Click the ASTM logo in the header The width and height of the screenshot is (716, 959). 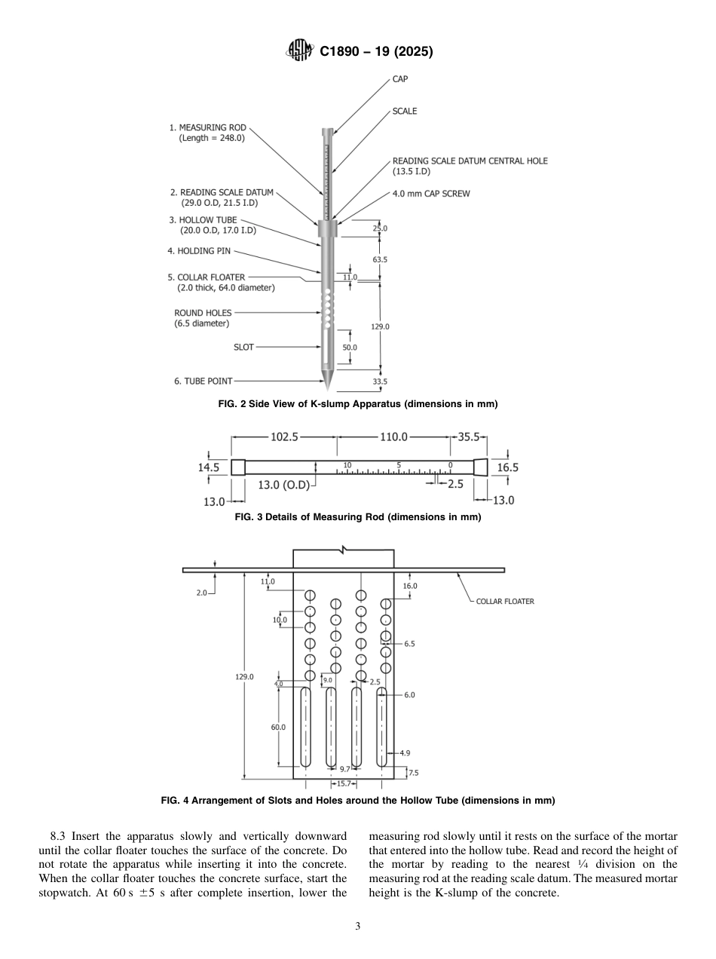(300, 51)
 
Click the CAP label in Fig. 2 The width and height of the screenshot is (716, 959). (400, 79)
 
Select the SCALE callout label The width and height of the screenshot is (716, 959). (405, 112)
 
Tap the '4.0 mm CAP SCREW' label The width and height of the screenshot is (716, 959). (431, 194)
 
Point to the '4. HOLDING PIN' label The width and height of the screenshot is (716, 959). (199, 251)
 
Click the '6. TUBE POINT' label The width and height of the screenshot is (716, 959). (203, 381)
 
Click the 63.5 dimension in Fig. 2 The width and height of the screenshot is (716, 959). (380, 259)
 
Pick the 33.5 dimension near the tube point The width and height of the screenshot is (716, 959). (380, 381)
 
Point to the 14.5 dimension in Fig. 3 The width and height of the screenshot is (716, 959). (209, 467)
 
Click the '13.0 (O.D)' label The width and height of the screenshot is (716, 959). (284, 486)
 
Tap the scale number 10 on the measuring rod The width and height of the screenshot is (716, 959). (347, 465)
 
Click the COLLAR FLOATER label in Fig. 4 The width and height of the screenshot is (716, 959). (505, 602)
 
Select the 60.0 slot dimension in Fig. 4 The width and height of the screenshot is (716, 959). (279, 727)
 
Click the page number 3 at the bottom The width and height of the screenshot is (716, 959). (358, 927)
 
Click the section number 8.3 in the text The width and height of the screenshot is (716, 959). (60, 836)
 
